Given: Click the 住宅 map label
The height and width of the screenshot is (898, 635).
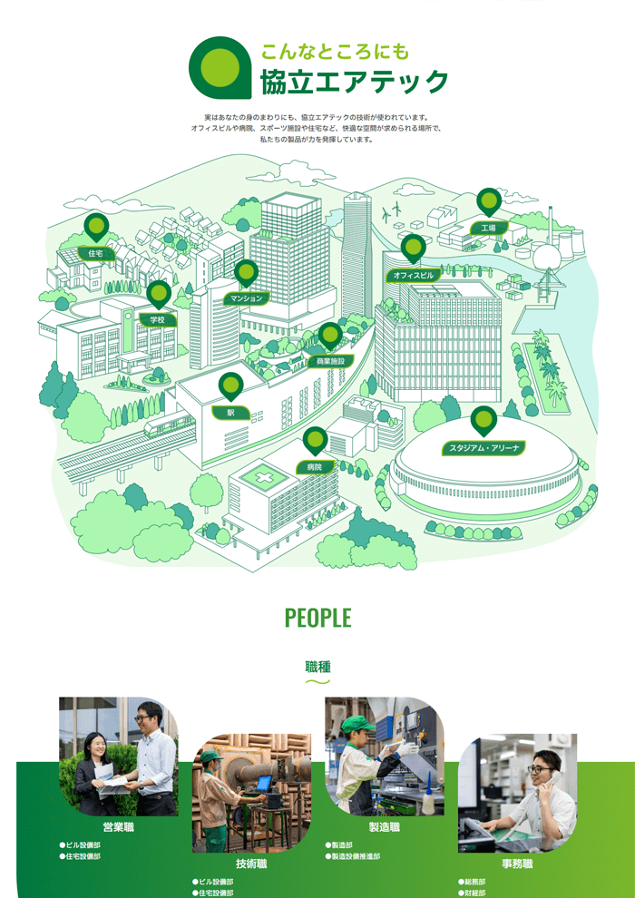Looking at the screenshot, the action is [95, 253].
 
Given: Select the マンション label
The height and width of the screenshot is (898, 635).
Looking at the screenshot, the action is [246, 298].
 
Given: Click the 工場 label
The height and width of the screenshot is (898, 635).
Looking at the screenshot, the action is [488, 228].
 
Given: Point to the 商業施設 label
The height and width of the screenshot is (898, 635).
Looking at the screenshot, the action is [331, 361].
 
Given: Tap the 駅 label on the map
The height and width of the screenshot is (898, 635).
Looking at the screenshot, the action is [231, 413].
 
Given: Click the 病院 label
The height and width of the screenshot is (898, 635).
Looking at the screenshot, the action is [315, 467].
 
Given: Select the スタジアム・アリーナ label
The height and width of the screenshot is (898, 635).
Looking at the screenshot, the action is [484, 448].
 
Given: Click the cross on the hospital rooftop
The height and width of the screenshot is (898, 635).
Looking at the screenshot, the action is [257, 477].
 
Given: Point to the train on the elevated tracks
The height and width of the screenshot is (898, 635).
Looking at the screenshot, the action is [169, 425].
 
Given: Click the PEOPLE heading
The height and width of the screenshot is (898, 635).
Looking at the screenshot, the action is [317, 618].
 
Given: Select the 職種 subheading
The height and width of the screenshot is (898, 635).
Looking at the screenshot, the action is [317, 667].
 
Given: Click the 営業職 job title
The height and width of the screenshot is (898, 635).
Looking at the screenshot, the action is [119, 827].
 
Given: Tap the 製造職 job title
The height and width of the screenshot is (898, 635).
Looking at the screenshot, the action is [385, 827].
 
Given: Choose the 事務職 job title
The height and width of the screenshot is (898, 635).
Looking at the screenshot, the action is [517, 864].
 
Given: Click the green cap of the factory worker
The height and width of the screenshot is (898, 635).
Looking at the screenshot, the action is [358, 725].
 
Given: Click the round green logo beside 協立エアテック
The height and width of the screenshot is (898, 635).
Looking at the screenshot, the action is [220, 66].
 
